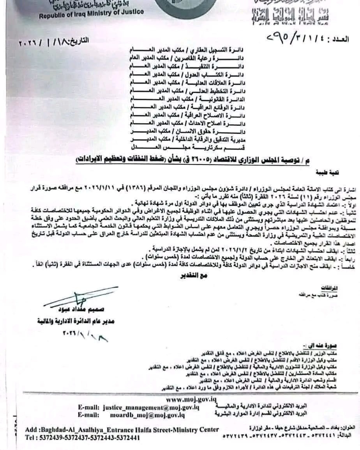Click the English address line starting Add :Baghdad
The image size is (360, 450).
point(122,430)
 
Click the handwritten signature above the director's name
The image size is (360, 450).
point(78,298)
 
